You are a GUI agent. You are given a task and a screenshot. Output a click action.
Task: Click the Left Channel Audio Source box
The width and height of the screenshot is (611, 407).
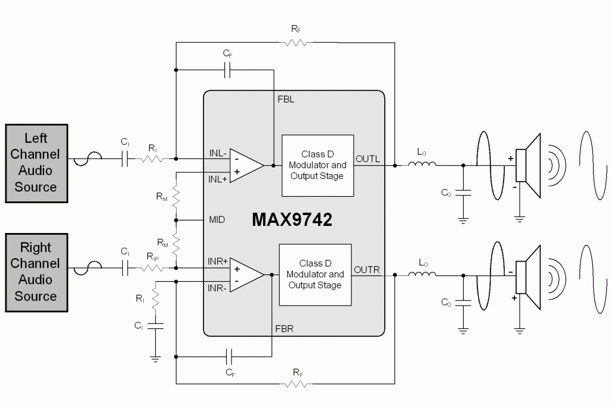36,163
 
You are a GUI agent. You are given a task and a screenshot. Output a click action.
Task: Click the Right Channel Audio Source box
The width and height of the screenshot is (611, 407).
36,272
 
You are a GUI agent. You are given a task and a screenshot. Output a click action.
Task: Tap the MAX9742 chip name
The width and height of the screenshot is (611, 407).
292,219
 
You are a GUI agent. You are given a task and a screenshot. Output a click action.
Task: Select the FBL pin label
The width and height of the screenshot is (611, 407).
286,100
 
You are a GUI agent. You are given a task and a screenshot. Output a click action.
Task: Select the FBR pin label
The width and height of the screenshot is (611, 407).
284,329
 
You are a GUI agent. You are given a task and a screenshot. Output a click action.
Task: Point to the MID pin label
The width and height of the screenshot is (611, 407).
217,220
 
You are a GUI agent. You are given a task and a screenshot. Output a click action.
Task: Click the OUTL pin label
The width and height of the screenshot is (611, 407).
368,159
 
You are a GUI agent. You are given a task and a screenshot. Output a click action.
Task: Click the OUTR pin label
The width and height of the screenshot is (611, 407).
367,270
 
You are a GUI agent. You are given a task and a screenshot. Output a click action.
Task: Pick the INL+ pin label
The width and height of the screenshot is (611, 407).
217,179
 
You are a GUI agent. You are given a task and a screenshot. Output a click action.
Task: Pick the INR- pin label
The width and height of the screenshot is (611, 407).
217,288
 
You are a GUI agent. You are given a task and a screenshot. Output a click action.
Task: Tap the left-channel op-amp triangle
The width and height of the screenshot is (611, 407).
246,166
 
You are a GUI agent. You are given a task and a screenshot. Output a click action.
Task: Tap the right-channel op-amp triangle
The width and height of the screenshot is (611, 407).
246,275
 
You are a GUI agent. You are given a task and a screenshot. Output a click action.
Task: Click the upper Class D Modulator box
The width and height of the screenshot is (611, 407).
317,166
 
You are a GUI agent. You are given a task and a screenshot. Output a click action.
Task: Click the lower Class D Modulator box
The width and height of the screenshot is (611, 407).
315,275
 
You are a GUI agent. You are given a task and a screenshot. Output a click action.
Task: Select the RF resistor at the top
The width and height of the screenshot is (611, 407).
296,42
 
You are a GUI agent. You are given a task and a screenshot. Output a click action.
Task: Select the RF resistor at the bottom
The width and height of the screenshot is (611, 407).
296,384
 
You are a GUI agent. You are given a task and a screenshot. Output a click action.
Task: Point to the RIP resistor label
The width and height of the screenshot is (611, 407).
152,256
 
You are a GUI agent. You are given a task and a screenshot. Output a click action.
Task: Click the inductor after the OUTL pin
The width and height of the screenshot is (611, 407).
422,164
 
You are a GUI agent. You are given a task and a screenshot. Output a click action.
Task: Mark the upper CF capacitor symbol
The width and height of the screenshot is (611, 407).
228,70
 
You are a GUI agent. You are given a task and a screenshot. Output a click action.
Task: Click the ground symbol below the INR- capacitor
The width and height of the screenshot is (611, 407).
155,359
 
